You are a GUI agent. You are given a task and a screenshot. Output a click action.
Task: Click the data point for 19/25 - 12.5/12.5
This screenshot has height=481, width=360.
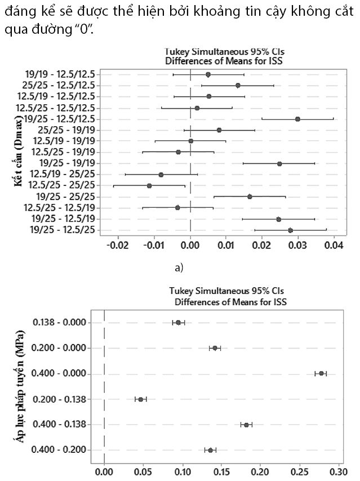click(x=297, y=119)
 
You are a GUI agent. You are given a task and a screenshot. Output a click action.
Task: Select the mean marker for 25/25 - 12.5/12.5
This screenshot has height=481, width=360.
click(x=238, y=85)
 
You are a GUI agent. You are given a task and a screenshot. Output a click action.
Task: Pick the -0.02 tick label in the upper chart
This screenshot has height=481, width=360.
click(x=118, y=246)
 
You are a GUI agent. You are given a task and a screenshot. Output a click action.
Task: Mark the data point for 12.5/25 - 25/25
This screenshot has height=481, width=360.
click(x=149, y=185)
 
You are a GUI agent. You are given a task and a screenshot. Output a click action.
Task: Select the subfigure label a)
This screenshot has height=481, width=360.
click(x=179, y=268)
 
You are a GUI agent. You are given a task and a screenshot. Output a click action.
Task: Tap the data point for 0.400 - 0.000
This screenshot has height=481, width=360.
click(x=321, y=373)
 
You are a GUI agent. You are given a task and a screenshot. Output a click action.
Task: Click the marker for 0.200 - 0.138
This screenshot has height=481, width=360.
click(x=141, y=399)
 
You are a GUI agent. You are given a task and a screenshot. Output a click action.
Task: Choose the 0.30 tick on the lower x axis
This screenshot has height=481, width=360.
click(x=338, y=469)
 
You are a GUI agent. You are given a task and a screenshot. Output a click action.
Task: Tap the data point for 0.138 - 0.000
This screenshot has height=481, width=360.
click(x=178, y=322)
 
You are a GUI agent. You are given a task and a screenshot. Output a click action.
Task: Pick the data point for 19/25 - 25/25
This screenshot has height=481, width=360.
click(x=250, y=197)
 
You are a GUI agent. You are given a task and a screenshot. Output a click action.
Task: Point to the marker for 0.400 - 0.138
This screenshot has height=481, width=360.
click(x=246, y=424)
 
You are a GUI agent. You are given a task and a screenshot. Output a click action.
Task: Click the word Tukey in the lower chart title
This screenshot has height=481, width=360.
click(x=181, y=291)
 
